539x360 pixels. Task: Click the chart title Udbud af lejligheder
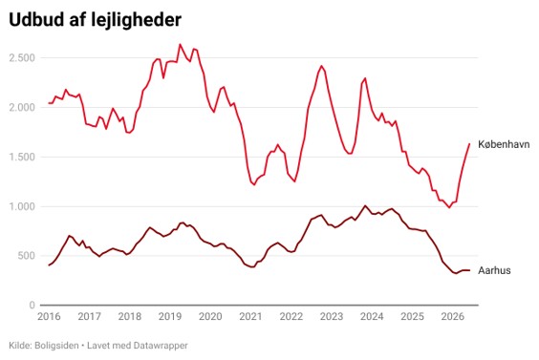[x=95, y=20]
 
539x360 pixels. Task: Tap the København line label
[x=504, y=144]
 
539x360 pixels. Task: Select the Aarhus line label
[x=494, y=270]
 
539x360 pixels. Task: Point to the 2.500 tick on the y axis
[x=22, y=57]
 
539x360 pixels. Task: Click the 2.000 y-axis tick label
[x=22, y=107]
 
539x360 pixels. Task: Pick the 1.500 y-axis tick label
[x=22, y=157]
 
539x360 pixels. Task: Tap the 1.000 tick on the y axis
[x=22, y=206]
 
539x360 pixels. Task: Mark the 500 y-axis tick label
[x=27, y=256]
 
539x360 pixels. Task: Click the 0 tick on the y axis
[x=32, y=305]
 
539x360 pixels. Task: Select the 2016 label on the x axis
[x=49, y=316]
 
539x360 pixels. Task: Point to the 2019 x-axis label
[x=170, y=316]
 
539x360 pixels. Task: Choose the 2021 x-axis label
[x=250, y=316]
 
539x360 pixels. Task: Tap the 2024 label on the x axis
[x=372, y=316]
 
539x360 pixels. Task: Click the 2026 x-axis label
[x=453, y=316]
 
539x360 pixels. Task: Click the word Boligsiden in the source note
[x=56, y=346]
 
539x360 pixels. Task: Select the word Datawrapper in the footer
[x=161, y=346]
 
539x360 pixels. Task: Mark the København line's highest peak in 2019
[x=180, y=44]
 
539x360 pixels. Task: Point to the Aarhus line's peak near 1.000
[x=365, y=205]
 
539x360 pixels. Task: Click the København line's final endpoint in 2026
[x=469, y=143]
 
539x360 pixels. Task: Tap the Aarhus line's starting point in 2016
[x=49, y=265]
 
